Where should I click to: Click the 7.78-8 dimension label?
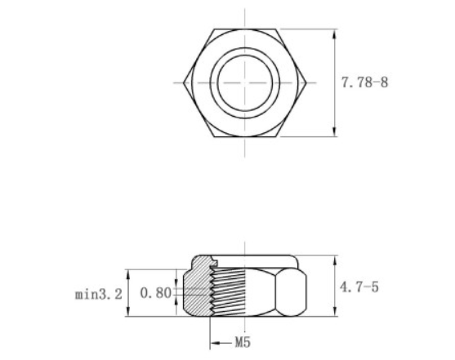pyautogui.click(x=363, y=83)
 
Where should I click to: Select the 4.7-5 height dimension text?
pyautogui.click(x=360, y=287)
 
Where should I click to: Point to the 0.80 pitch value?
pyautogui.click(x=155, y=292)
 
